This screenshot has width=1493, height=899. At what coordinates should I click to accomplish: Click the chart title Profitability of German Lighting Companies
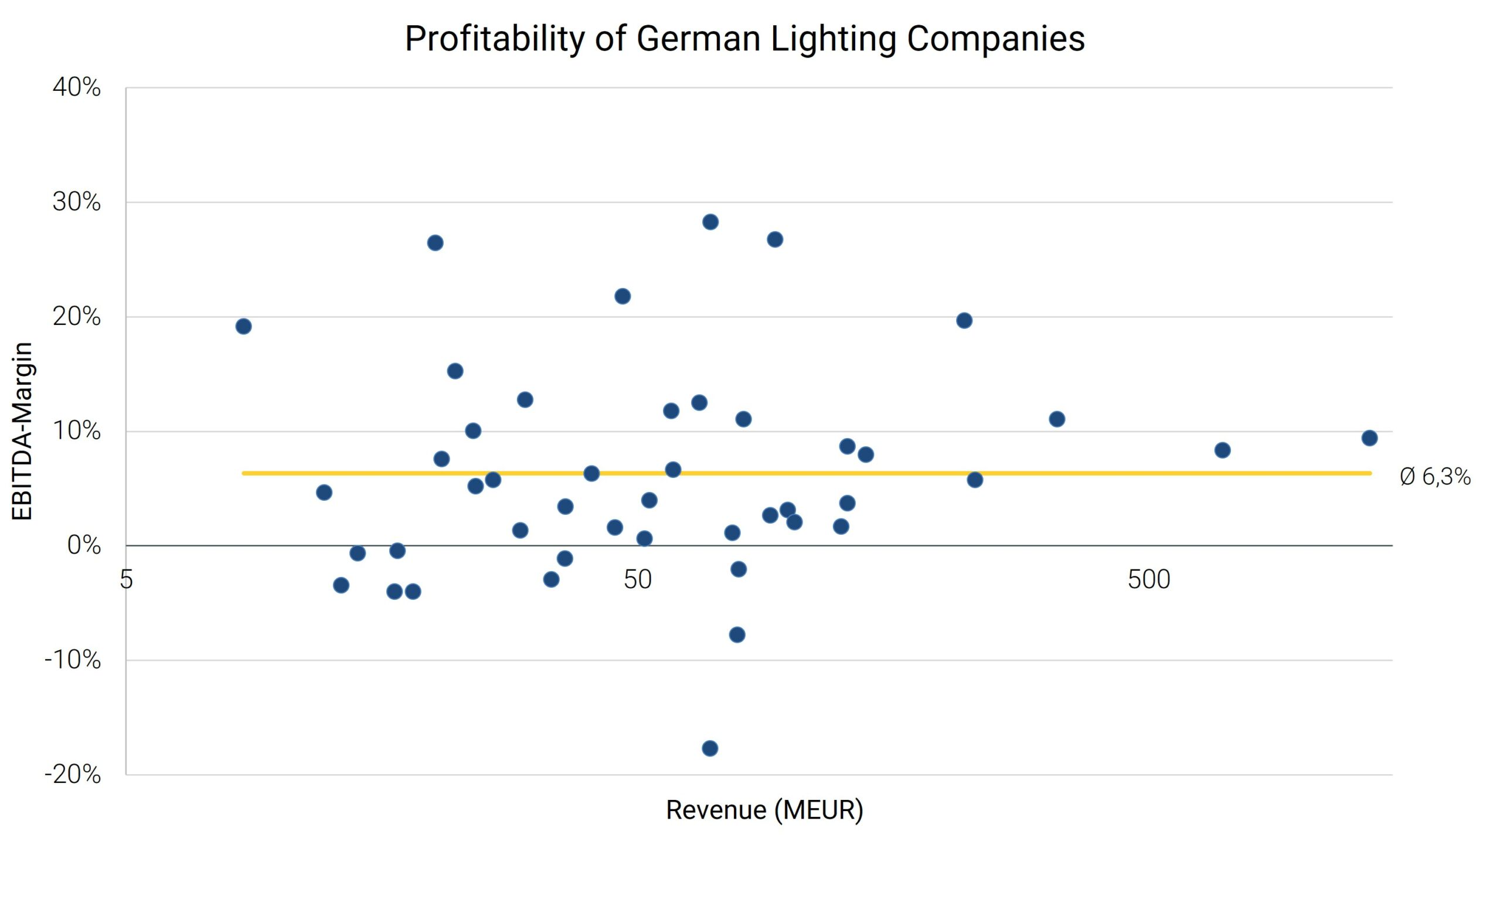(744, 39)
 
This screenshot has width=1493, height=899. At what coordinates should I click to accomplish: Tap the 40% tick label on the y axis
(77, 88)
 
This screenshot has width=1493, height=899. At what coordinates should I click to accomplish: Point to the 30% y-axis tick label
(77, 202)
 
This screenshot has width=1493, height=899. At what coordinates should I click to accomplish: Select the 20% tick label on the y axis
(77, 316)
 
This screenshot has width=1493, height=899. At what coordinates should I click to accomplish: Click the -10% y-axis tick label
(73, 660)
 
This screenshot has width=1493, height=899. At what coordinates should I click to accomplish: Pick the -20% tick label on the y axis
(73, 774)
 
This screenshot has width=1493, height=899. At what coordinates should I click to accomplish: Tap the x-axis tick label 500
(1148, 580)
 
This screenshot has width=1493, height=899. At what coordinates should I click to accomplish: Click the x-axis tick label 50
(638, 580)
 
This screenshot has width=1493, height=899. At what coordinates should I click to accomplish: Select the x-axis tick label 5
(126, 580)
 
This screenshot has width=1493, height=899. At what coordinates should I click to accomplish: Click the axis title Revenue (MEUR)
(764, 810)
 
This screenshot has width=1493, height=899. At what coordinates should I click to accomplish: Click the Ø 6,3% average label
(1435, 477)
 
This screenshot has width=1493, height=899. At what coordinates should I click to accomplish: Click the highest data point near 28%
(711, 222)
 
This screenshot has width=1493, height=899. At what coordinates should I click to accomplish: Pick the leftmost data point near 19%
(243, 327)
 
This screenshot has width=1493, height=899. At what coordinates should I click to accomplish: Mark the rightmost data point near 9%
(1369, 438)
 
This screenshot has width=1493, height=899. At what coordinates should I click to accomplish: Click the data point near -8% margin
(737, 635)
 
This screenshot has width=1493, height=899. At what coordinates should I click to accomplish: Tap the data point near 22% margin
(623, 296)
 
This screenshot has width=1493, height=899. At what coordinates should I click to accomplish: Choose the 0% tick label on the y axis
(84, 546)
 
